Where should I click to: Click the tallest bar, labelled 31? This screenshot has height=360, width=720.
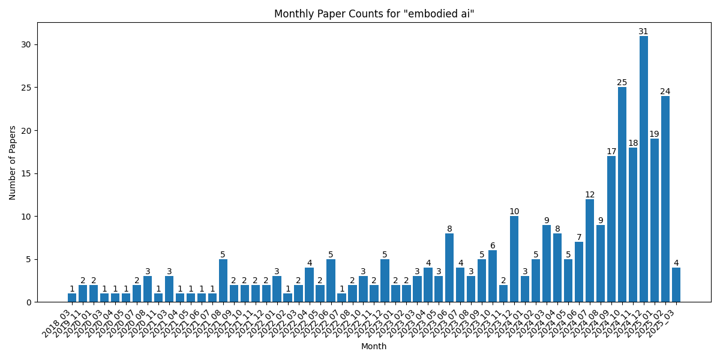[643, 169]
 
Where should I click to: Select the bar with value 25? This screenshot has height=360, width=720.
[622, 194]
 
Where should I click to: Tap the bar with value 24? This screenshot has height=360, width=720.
[665, 199]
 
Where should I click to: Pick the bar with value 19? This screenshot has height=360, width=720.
[654, 220]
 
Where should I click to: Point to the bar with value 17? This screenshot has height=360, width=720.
[611, 229]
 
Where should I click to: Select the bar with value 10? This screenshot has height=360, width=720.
[514, 259]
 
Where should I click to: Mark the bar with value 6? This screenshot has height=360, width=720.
[493, 276]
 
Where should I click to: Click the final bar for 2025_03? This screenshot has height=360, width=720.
[676, 284]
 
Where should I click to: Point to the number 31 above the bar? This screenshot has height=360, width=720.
[643, 32]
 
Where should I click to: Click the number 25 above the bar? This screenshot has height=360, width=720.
[622, 83]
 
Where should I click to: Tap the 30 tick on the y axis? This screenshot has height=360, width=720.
[26, 44]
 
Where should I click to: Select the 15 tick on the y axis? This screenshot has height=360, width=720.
[26, 173]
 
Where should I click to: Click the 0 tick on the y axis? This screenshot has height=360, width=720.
[29, 302]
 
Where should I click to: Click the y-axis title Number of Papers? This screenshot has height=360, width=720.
[13, 162]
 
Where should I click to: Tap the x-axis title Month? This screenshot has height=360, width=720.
[374, 346]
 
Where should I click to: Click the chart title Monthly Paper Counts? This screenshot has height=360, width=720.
[374, 14]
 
